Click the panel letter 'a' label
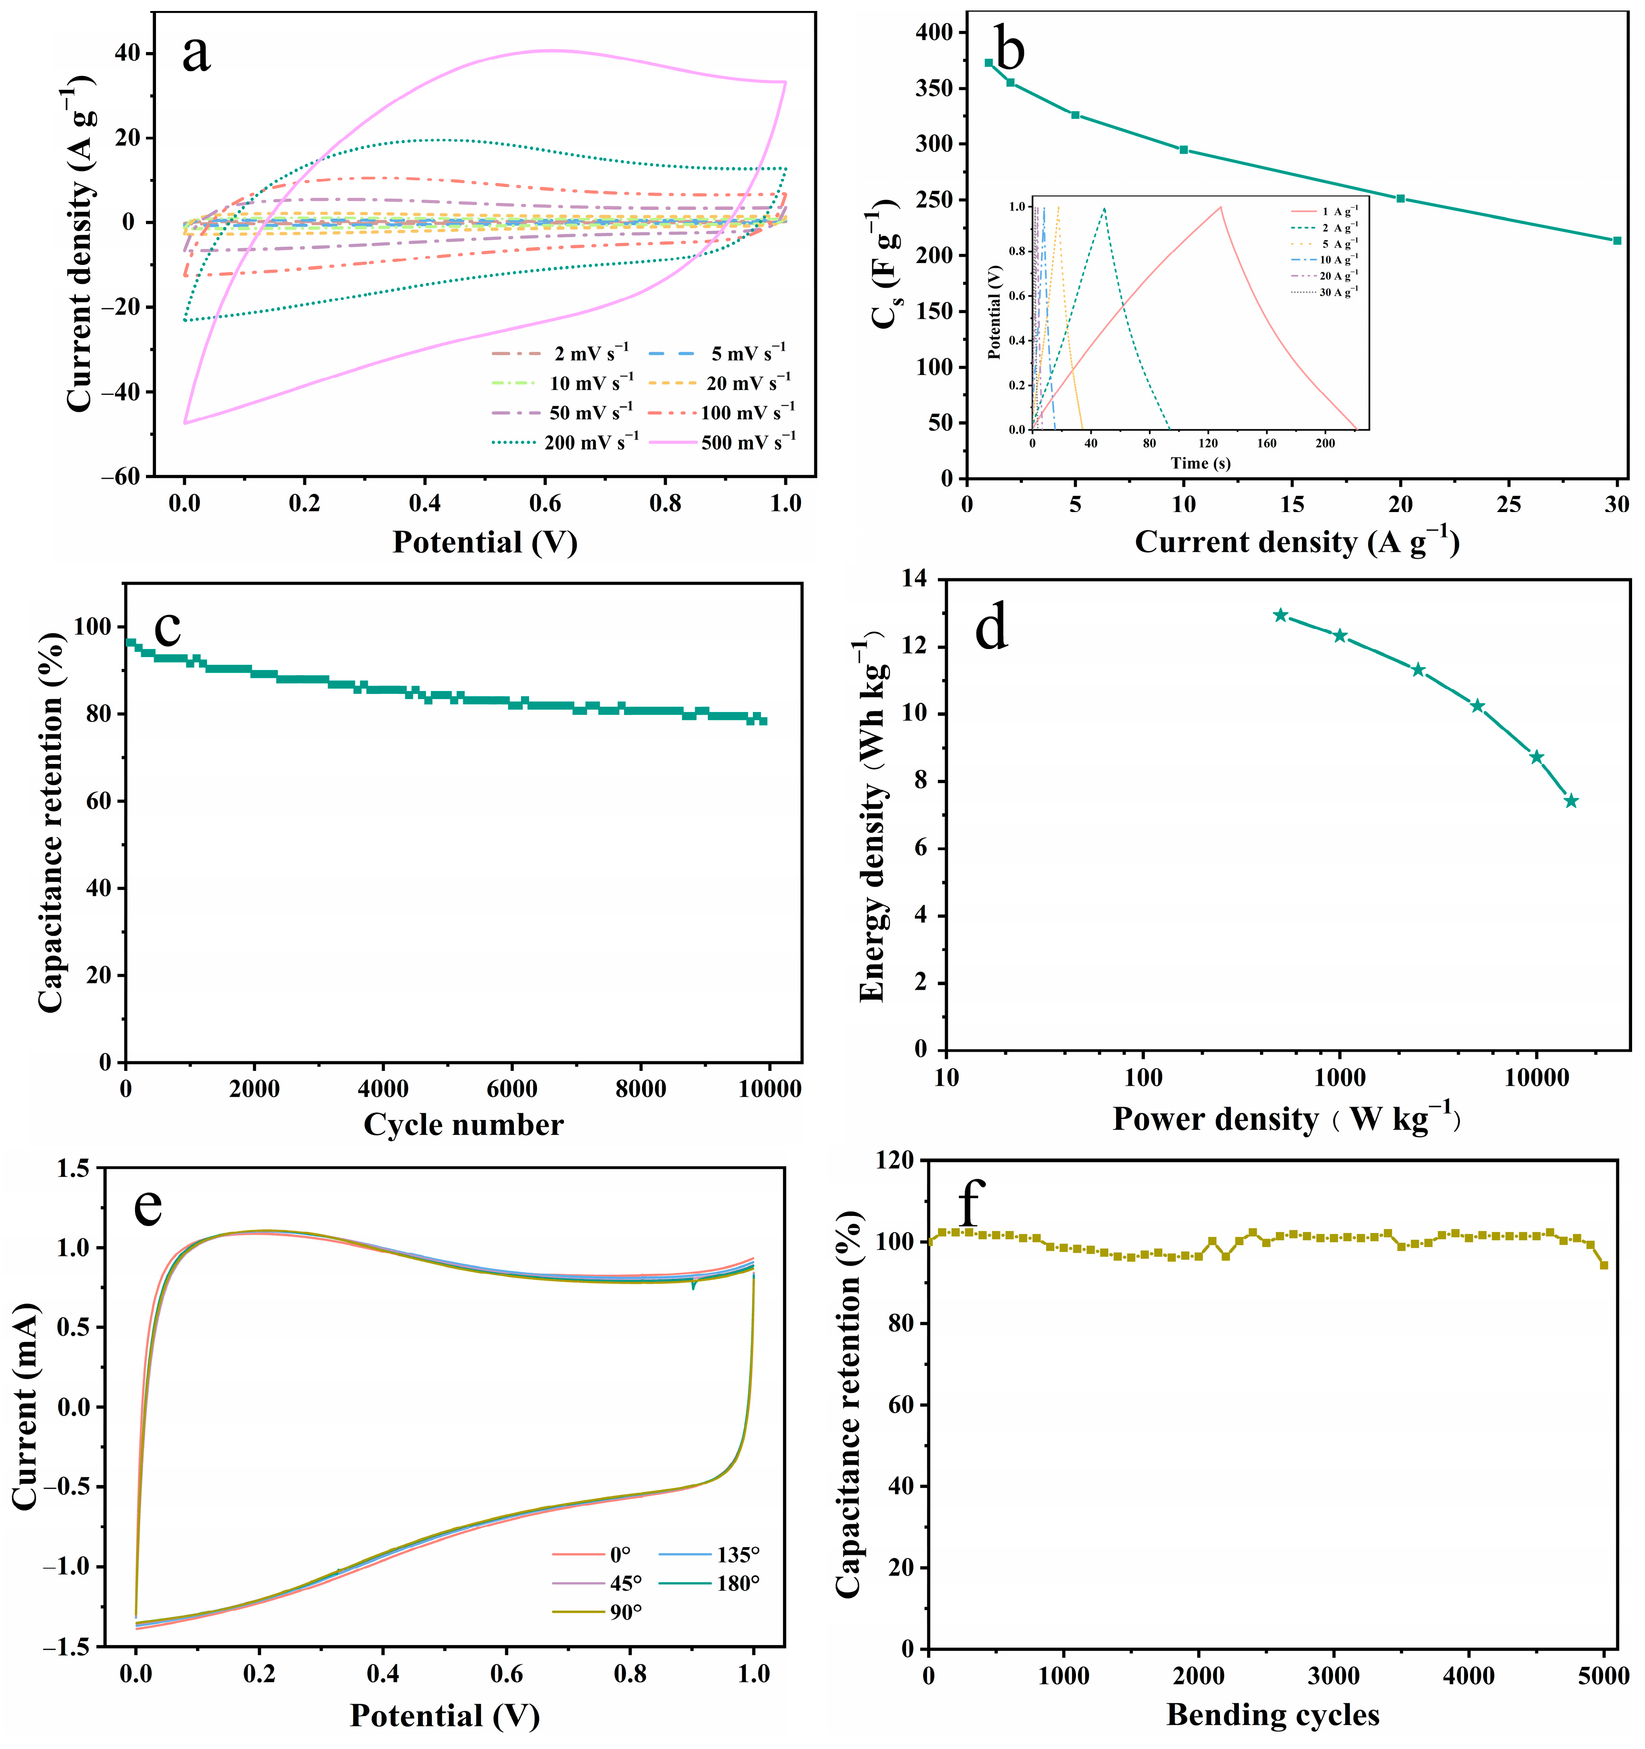coord(196,54)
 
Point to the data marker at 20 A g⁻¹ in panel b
coord(1400,199)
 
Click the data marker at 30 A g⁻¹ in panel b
coord(1617,240)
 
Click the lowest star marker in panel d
coord(1571,801)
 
